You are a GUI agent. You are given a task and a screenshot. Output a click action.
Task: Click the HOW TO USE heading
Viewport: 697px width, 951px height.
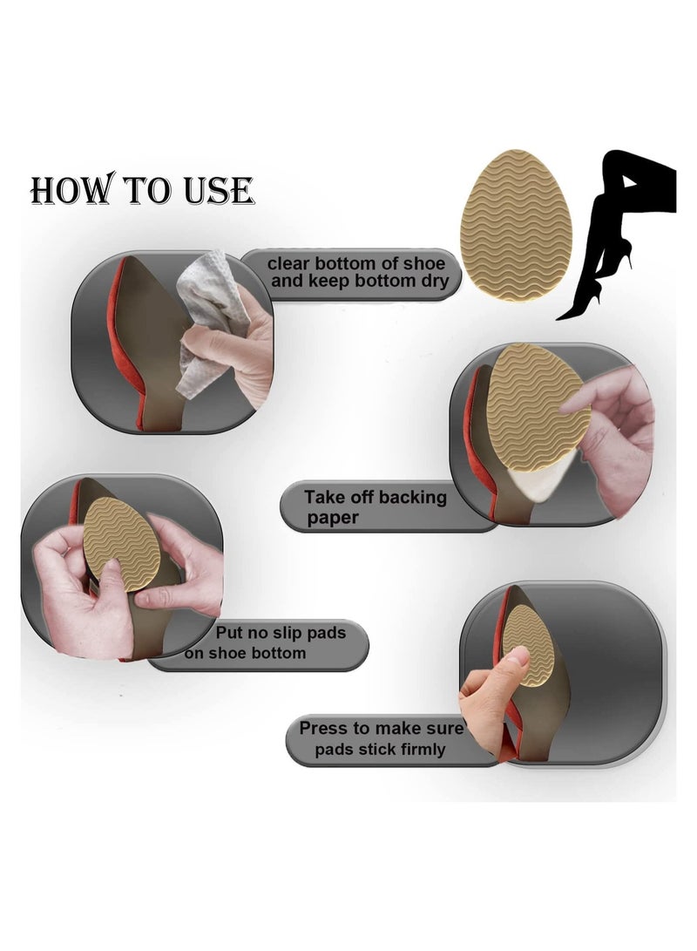[142, 190]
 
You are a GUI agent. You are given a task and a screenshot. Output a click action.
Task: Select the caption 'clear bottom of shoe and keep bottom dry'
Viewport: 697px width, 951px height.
[357, 272]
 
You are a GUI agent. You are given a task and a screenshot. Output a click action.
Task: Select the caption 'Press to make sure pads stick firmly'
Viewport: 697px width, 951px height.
[375, 738]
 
